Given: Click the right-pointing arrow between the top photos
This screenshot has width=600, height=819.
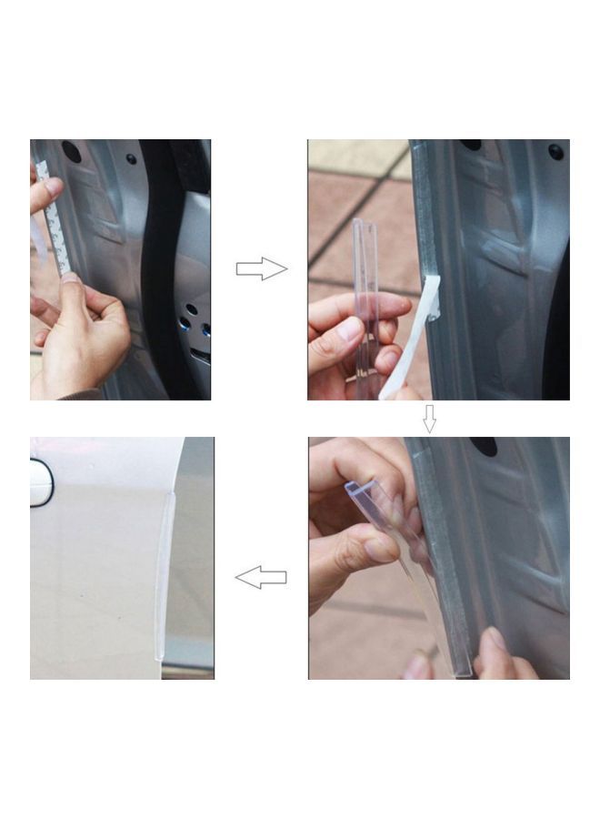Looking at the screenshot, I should pos(261,268).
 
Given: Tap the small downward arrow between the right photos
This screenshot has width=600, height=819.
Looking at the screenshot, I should pos(429,418).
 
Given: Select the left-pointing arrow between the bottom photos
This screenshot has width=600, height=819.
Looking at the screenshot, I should pos(261,577).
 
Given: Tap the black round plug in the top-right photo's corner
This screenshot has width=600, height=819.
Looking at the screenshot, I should pos(555,152).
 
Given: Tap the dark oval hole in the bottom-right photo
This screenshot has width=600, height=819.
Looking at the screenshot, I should pos(483,447).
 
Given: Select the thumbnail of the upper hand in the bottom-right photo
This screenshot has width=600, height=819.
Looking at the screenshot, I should pos(380,550).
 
